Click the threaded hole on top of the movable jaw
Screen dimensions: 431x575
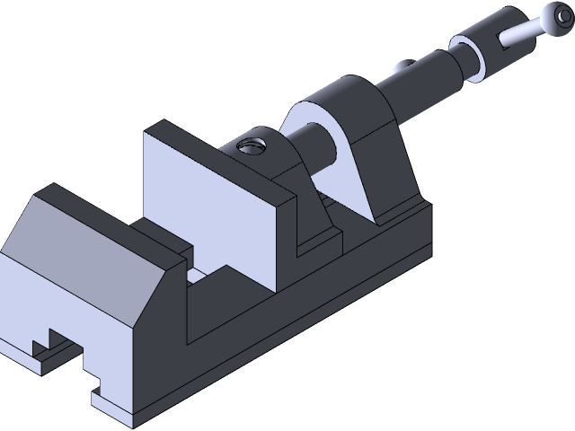[251, 146]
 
